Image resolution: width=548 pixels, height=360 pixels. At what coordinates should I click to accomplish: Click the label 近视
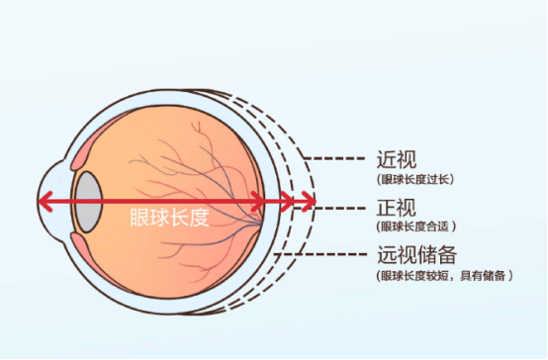coord(397,159)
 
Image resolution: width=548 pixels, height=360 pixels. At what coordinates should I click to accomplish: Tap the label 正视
coord(397,208)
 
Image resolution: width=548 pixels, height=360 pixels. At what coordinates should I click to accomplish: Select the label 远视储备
coord(417,255)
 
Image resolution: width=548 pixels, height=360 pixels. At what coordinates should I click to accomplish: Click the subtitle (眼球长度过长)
coord(415,179)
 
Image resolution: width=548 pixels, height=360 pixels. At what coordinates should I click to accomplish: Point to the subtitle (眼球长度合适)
coord(416,226)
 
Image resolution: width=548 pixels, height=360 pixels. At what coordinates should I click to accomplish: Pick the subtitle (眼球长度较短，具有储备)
coord(444,276)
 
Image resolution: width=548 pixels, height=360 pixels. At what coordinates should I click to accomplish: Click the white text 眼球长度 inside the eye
coord(170,218)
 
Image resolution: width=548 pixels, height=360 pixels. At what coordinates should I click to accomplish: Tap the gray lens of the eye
coord(89,202)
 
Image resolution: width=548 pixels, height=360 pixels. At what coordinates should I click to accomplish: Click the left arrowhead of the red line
coord(45,202)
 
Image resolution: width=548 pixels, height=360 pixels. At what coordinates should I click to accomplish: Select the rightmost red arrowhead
coord(310,202)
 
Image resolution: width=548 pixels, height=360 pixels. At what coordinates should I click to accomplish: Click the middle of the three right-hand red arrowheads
coord(287,202)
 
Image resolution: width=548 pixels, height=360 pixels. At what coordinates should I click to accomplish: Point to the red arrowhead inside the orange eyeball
coord(258,202)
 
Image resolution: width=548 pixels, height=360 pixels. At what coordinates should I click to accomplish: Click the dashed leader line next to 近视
coord(334,158)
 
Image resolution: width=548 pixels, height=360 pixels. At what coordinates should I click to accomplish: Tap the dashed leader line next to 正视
coord(329,208)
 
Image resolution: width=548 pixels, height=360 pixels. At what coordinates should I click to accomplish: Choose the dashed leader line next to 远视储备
coord(320,254)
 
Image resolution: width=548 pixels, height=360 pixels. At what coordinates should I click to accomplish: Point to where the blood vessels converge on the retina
coord(259,222)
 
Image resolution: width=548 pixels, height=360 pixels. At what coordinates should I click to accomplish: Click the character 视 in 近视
coord(408,159)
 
